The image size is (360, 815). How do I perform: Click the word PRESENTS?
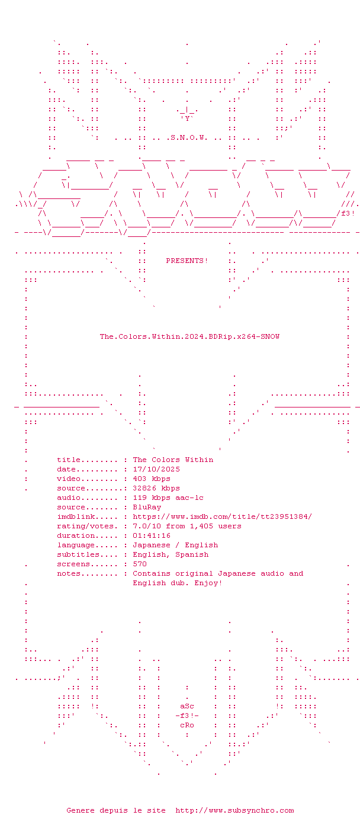(x=187, y=261)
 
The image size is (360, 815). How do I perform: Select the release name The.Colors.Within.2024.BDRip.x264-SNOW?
(x=189, y=336)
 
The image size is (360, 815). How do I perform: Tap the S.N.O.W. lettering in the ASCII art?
(x=188, y=138)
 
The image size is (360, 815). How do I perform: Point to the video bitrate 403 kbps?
(x=152, y=479)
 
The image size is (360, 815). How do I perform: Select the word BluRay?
(x=147, y=507)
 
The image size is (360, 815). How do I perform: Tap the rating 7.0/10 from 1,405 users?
(x=187, y=526)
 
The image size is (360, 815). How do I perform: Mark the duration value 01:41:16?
(x=152, y=535)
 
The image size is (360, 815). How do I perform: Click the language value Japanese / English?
(x=175, y=545)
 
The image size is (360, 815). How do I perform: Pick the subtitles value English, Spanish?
(x=171, y=554)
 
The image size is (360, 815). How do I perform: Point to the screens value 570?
(x=140, y=564)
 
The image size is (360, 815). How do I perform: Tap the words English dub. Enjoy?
(x=178, y=583)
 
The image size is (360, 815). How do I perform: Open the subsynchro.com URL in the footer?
(x=234, y=810)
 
